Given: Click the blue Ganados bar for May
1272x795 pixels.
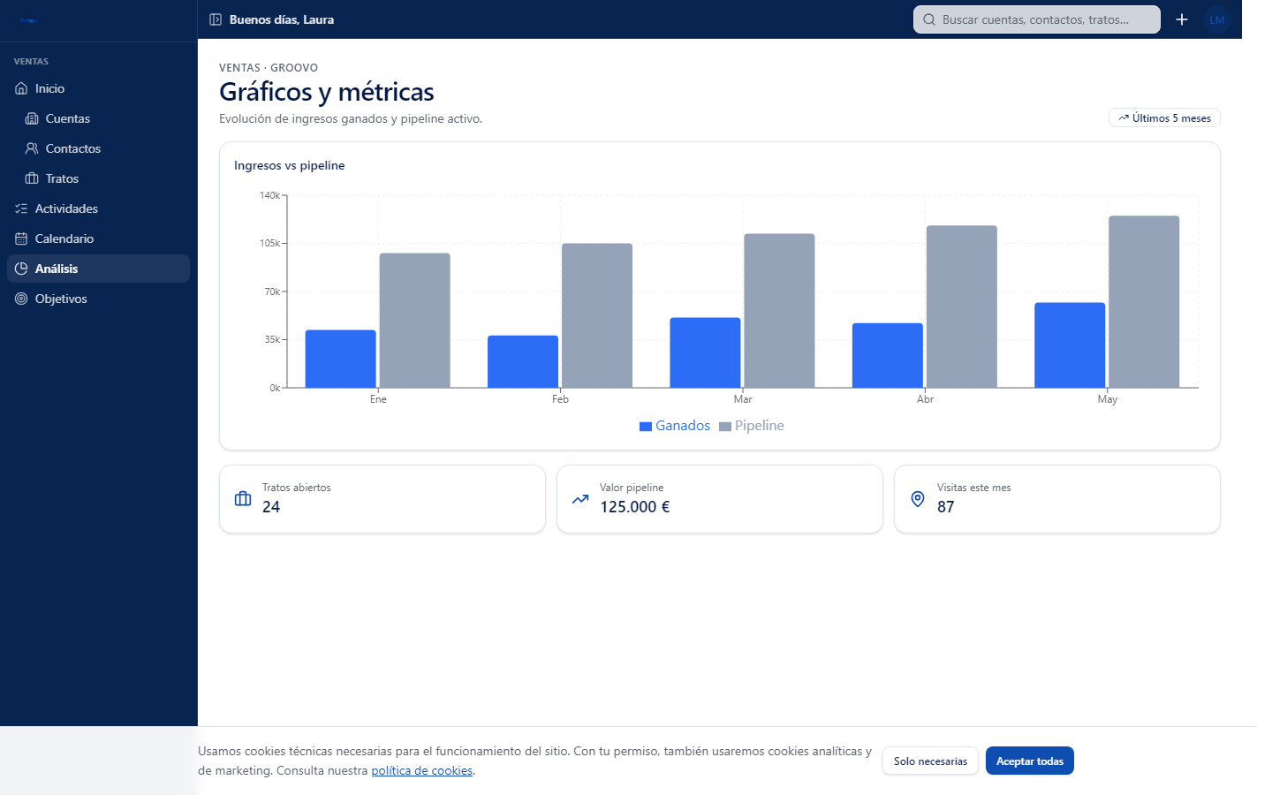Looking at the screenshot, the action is point(1069,345).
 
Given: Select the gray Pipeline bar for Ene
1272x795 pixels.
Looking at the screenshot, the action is point(414,321).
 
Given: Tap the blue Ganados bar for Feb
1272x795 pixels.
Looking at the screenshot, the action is point(522,362).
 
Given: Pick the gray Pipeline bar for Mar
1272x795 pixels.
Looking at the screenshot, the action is point(779,311).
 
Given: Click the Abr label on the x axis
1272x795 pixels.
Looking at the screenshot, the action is point(925,399).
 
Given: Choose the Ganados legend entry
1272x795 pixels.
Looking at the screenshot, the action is point(675,426).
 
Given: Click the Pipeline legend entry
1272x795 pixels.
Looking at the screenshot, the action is point(751,426).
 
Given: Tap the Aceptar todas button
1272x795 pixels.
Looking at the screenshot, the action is point(1030,761).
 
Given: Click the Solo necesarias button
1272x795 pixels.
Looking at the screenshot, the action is point(930,761).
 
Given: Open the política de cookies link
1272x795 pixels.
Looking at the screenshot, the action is point(422,770).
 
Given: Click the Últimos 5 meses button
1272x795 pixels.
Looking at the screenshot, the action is point(1164,118).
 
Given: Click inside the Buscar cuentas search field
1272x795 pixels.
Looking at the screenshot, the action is point(1036,19).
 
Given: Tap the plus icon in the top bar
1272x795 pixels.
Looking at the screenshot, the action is point(1182,19).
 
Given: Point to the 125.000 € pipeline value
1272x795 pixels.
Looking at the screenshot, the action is point(635,506).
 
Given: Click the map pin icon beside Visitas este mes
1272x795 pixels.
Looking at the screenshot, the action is point(918,499).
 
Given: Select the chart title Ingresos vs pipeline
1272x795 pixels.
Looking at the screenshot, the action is point(290,166).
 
